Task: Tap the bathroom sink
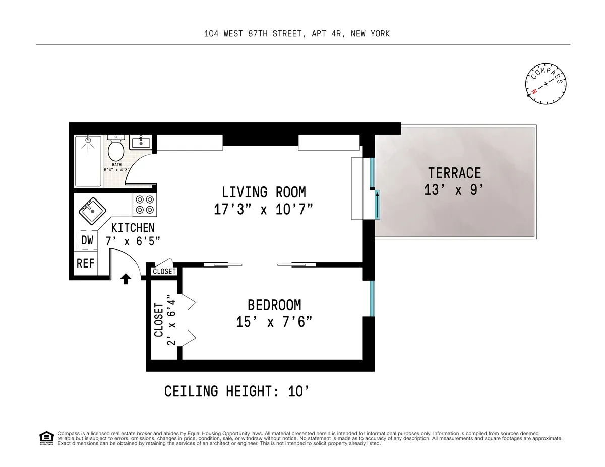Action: click(x=141, y=142)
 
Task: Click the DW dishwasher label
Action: click(x=87, y=241)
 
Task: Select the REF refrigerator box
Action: click(x=86, y=263)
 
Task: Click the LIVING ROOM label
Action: click(x=264, y=192)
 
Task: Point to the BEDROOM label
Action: click(x=274, y=305)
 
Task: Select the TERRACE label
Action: click(x=454, y=173)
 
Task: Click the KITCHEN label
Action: click(x=133, y=228)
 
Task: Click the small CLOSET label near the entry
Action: click(x=164, y=272)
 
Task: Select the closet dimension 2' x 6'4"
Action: click(x=171, y=320)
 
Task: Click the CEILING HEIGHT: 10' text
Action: click(x=236, y=391)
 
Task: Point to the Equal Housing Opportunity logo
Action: click(x=46, y=438)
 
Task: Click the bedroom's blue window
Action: click(x=372, y=298)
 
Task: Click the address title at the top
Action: click(x=297, y=34)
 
